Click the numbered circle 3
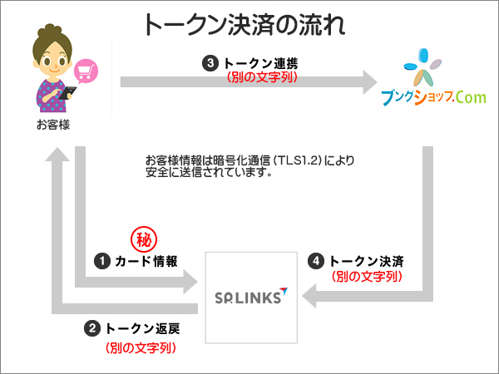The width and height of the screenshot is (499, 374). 211,62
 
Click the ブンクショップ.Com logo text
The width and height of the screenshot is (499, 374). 432,97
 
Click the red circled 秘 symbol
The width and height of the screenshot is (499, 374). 144,240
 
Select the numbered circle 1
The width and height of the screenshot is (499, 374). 101,261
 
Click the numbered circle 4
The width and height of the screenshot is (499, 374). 316,261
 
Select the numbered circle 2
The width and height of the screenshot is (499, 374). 92,328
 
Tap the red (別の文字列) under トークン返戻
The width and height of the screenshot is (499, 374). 141,348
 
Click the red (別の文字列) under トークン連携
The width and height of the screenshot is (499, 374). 261,76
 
